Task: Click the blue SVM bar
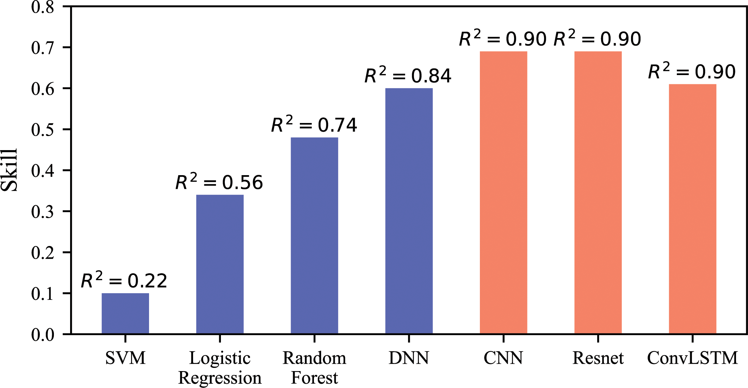(125, 313)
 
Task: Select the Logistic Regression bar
(220, 264)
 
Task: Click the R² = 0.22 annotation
(124, 281)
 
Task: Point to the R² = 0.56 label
(219, 183)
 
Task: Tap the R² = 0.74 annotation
(314, 125)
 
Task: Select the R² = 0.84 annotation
(408, 76)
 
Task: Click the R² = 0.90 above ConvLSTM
(692, 72)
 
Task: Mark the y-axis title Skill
(10, 170)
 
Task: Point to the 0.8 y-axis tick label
(43, 7)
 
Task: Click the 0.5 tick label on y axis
(43, 130)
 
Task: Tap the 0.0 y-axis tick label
(43, 334)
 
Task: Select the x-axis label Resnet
(598, 358)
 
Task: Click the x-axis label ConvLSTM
(692, 358)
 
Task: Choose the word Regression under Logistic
(220, 378)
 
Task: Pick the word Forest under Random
(314, 378)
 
